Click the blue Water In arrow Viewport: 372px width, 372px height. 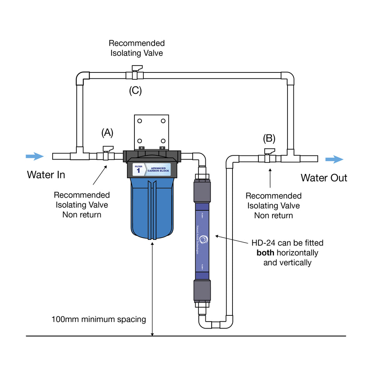pos(34,157)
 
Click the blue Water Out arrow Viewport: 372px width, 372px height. pos(334,159)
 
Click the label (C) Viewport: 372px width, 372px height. pos(136,91)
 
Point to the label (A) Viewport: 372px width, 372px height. pos(107,133)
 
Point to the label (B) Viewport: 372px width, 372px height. pos(269,138)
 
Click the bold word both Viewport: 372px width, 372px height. pos(267,253)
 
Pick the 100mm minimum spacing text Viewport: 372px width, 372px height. pos(99,320)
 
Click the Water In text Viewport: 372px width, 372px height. pos(46,175)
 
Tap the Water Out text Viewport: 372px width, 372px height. pos(324,178)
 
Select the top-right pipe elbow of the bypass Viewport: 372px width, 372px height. pos(288,77)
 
